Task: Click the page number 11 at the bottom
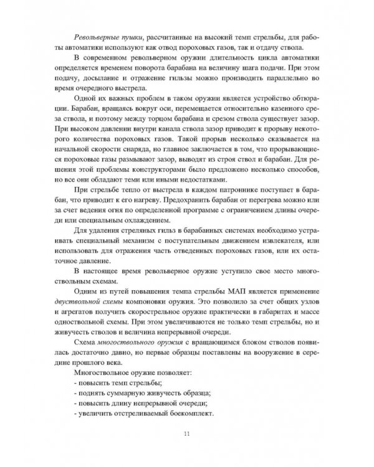click(x=187, y=434)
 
